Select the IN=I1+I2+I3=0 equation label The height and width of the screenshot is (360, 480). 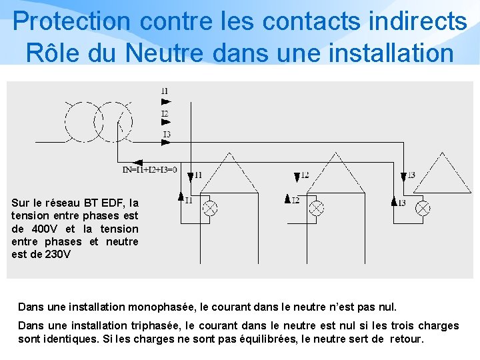pos(150,170)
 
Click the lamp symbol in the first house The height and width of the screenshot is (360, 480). pos(209,207)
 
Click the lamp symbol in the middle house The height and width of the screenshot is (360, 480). pos(316,207)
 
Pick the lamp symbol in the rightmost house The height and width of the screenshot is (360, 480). pos(422,207)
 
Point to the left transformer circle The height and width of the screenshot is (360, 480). pos(85,121)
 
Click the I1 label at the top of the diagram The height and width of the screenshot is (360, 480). pos(165,91)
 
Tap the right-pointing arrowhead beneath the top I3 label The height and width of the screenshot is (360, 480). pos(166,143)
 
